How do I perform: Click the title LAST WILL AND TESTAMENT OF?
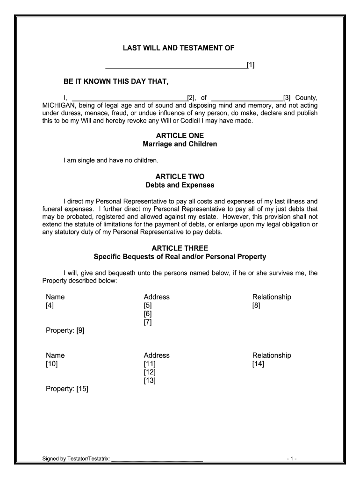click(x=179, y=48)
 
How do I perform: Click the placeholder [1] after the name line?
click(x=251, y=65)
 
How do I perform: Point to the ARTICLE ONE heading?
click(x=180, y=136)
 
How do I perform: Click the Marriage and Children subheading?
click(x=180, y=144)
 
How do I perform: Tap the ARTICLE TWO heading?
click(x=180, y=177)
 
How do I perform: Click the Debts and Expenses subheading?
click(x=180, y=185)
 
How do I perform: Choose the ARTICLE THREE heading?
click(x=180, y=248)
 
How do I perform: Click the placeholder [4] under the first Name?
click(x=50, y=305)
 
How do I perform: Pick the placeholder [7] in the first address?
click(x=148, y=322)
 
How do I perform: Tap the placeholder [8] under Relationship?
click(x=256, y=305)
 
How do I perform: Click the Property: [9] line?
click(x=65, y=331)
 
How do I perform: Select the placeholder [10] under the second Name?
click(x=51, y=364)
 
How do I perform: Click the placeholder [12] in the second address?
click(x=150, y=372)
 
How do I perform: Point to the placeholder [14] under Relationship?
click(x=258, y=364)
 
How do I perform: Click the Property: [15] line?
click(x=67, y=389)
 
